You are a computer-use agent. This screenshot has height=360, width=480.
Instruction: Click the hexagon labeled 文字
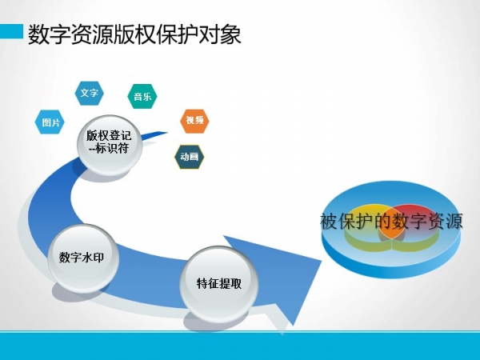89,93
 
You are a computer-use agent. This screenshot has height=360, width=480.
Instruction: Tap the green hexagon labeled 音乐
142,96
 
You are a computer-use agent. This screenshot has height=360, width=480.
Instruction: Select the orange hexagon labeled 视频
194,121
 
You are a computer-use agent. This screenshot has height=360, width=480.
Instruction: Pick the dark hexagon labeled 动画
189,157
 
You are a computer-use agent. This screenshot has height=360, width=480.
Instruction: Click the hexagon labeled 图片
50,122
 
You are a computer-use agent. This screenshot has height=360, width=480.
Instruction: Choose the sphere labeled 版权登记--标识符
110,143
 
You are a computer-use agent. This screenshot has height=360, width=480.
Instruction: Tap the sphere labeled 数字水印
82,257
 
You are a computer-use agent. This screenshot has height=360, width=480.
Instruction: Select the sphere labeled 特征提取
218,284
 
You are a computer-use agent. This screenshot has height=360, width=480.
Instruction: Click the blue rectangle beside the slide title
12,31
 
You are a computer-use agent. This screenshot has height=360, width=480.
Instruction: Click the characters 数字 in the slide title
50,34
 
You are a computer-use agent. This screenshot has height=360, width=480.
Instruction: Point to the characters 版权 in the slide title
134,34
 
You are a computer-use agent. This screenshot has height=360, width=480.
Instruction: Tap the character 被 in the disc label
330,221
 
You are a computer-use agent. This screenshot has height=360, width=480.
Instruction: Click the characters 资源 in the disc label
445,221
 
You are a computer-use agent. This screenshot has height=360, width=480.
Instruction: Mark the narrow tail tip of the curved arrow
167,133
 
